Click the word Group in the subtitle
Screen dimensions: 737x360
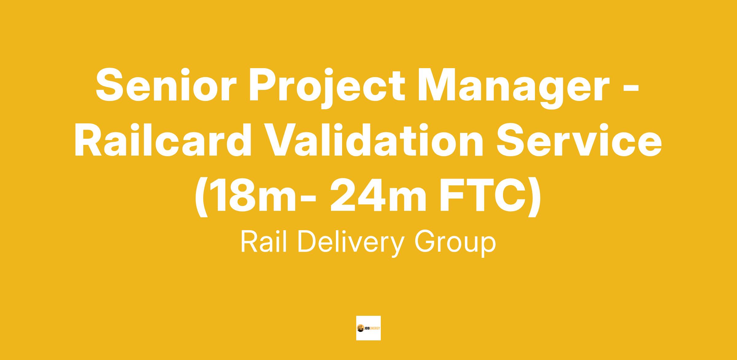(455, 244)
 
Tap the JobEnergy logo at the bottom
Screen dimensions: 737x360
(368, 328)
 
